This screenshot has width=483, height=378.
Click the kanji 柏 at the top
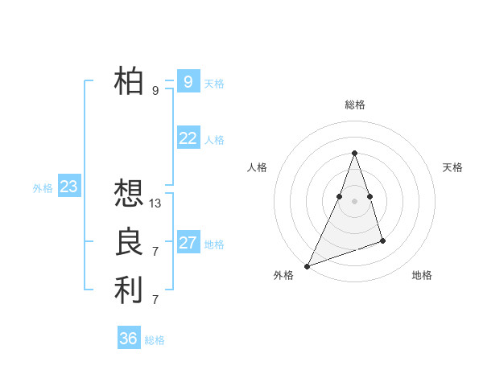click(x=129, y=80)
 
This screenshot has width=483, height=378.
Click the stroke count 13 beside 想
click(x=155, y=203)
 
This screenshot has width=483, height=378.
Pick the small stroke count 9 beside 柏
click(x=155, y=91)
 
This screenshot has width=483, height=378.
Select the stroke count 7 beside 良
click(x=155, y=252)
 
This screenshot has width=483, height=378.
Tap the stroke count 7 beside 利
click(x=155, y=300)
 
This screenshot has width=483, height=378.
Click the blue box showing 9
click(x=188, y=81)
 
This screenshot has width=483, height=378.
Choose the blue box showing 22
click(x=188, y=138)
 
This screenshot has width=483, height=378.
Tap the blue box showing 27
click(x=188, y=243)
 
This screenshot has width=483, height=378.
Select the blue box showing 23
click(x=68, y=187)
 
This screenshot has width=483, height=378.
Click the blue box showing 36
click(x=129, y=339)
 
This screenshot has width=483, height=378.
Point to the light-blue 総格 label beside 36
click(x=155, y=340)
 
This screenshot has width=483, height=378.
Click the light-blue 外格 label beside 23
click(x=43, y=188)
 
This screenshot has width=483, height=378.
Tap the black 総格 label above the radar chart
click(x=354, y=105)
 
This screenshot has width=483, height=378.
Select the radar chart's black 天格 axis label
click(x=452, y=167)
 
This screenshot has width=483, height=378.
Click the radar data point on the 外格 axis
click(x=307, y=265)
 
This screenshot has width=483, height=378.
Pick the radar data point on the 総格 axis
click(x=354, y=153)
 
